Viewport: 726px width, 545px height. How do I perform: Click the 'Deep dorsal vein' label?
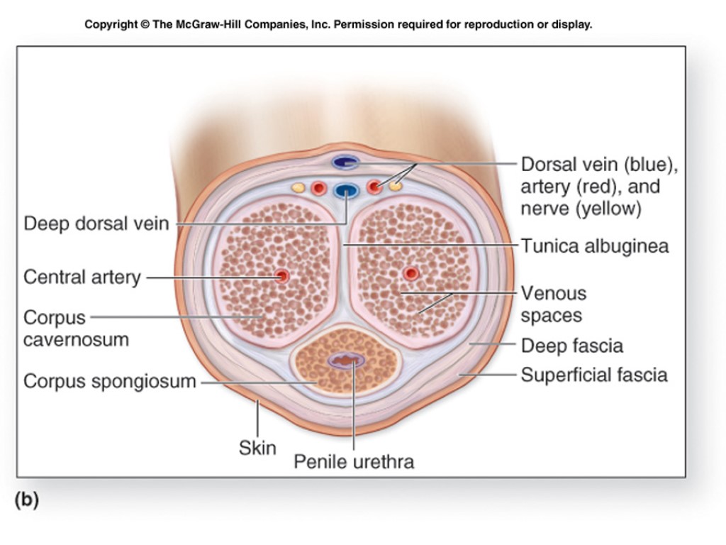click(96, 224)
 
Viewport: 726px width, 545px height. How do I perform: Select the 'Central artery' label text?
click(82, 277)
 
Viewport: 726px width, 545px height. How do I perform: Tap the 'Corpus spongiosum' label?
click(110, 382)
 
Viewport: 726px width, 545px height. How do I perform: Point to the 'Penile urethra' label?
click(354, 462)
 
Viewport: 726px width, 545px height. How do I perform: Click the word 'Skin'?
click(257, 448)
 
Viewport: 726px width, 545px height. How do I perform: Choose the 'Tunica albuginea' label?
click(594, 246)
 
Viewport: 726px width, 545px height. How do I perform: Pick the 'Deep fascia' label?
click(571, 346)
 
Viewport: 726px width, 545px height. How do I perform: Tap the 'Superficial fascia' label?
click(594, 375)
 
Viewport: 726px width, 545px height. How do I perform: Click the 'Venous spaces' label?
click(553, 304)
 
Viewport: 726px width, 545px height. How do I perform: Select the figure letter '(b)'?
click(26, 500)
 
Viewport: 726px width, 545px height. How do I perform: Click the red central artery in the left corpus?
click(282, 276)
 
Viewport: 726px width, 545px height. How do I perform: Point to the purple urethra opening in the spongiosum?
click(347, 361)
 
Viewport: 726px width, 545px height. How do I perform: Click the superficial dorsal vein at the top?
click(346, 163)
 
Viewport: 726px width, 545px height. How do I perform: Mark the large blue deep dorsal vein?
click(347, 190)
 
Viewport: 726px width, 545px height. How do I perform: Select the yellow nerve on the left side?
click(298, 188)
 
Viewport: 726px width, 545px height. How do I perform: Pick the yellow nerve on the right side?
click(396, 187)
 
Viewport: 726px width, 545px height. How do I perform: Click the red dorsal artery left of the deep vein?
click(318, 188)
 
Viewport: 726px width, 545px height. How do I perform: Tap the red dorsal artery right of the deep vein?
click(375, 187)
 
